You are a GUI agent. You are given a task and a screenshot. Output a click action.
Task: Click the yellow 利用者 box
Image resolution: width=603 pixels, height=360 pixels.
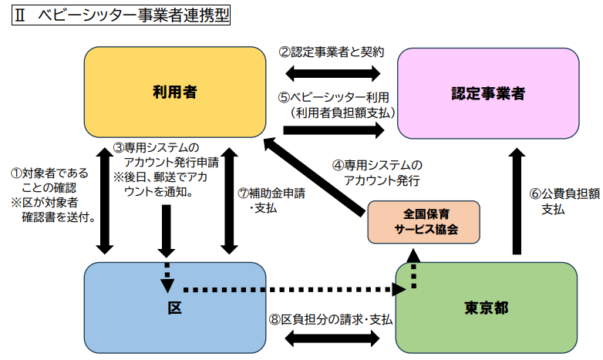[174, 93]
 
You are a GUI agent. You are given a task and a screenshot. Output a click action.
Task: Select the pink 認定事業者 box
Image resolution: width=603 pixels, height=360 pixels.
[487, 93]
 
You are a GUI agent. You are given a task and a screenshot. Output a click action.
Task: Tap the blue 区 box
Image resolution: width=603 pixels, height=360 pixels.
[174, 307]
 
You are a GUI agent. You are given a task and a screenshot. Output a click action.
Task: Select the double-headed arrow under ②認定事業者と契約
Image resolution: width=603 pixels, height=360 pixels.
[333, 74]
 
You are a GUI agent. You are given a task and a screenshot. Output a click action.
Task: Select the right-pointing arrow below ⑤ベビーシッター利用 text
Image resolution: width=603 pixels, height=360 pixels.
[333, 130]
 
